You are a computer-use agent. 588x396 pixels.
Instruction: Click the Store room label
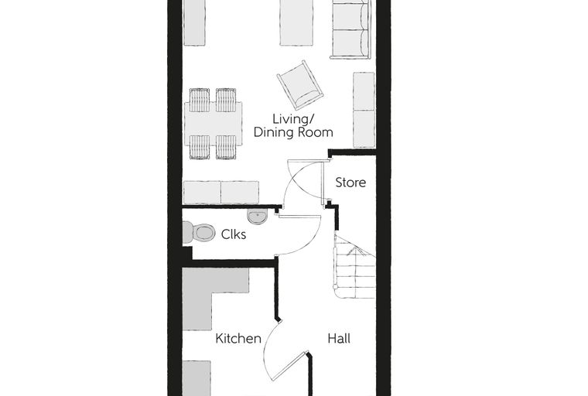(x=350, y=183)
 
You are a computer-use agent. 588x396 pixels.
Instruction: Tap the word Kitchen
(x=238, y=339)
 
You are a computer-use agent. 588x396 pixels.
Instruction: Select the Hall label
(x=339, y=339)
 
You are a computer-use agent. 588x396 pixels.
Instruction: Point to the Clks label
(x=233, y=234)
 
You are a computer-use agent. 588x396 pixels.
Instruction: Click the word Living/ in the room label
(x=292, y=119)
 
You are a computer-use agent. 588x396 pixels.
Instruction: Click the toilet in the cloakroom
(x=198, y=233)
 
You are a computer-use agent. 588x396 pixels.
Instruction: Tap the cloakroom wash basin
(x=257, y=217)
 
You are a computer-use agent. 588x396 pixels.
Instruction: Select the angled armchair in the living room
(x=300, y=84)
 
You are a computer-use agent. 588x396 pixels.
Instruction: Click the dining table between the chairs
(x=213, y=124)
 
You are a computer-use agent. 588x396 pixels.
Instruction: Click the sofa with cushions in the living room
(x=350, y=29)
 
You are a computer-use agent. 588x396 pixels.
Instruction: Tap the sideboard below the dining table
(x=220, y=193)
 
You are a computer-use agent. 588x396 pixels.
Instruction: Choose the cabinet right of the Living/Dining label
(x=364, y=110)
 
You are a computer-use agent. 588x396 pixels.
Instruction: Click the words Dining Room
(x=293, y=132)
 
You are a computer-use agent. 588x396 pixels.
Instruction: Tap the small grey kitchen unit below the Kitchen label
(x=197, y=378)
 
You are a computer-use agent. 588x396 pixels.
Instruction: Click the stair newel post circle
(x=336, y=286)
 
